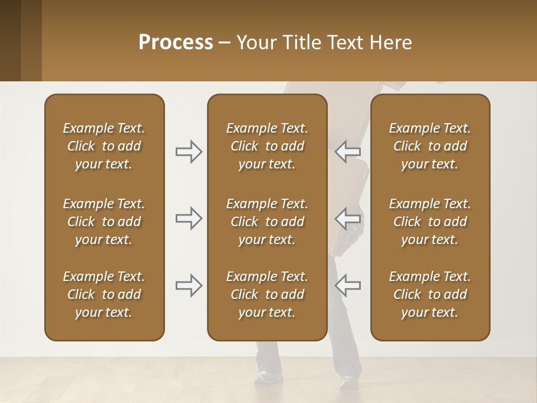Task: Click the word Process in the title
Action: click(x=176, y=43)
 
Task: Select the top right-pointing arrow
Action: click(x=189, y=152)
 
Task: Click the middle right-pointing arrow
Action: click(x=189, y=218)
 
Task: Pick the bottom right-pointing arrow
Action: click(x=189, y=285)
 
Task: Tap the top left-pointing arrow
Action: click(x=347, y=151)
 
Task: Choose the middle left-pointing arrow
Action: click(x=347, y=218)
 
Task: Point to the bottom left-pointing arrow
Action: click(x=347, y=285)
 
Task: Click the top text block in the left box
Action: click(x=104, y=146)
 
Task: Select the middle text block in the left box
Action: click(x=104, y=222)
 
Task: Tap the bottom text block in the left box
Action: click(x=104, y=294)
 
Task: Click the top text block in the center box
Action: click(x=267, y=146)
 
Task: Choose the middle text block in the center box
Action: click(x=267, y=222)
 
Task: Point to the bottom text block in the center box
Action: click(x=267, y=294)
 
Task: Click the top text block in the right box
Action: click(x=430, y=146)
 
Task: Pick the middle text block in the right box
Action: click(x=430, y=222)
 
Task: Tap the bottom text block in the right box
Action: click(x=430, y=294)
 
